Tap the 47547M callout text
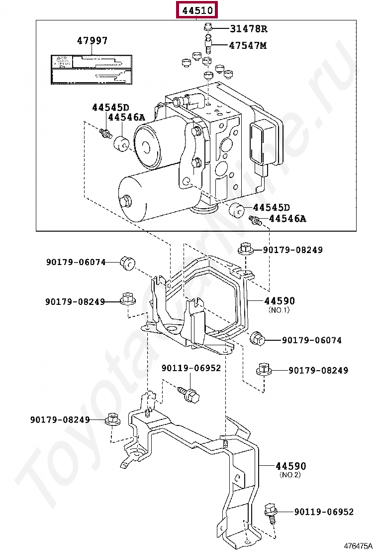248,45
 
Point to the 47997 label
92,40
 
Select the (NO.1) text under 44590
279,310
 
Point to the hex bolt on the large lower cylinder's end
126,201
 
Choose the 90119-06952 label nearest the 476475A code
323,512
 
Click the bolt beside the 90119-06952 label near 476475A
271,511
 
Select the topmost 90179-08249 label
292,250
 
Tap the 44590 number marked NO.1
279,301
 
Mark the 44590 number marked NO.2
291,466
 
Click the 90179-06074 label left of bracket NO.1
76,262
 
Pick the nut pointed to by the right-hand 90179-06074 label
258,339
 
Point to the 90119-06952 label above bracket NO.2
191,368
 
